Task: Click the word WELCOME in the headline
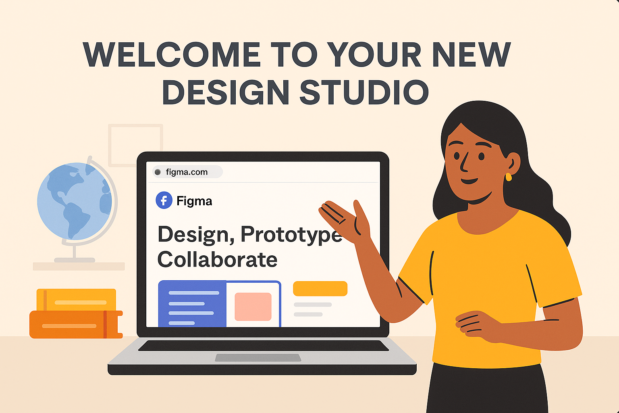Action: (x=172, y=54)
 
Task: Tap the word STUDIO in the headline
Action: (x=364, y=92)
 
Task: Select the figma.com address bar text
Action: (x=187, y=172)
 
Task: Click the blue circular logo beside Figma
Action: (x=164, y=200)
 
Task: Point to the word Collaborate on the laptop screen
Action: (x=217, y=259)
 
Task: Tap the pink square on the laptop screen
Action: (x=253, y=307)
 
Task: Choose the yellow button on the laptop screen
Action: (x=320, y=288)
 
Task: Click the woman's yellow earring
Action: (x=509, y=177)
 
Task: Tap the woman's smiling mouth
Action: (x=469, y=181)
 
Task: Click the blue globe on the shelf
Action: (x=75, y=201)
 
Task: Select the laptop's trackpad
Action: (x=258, y=358)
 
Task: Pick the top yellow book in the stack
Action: (x=76, y=300)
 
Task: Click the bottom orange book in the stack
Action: (x=76, y=325)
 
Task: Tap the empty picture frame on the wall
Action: (x=110, y=145)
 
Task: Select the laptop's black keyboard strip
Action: (x=263, y=346)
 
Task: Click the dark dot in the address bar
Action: (x=158, y=172)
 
